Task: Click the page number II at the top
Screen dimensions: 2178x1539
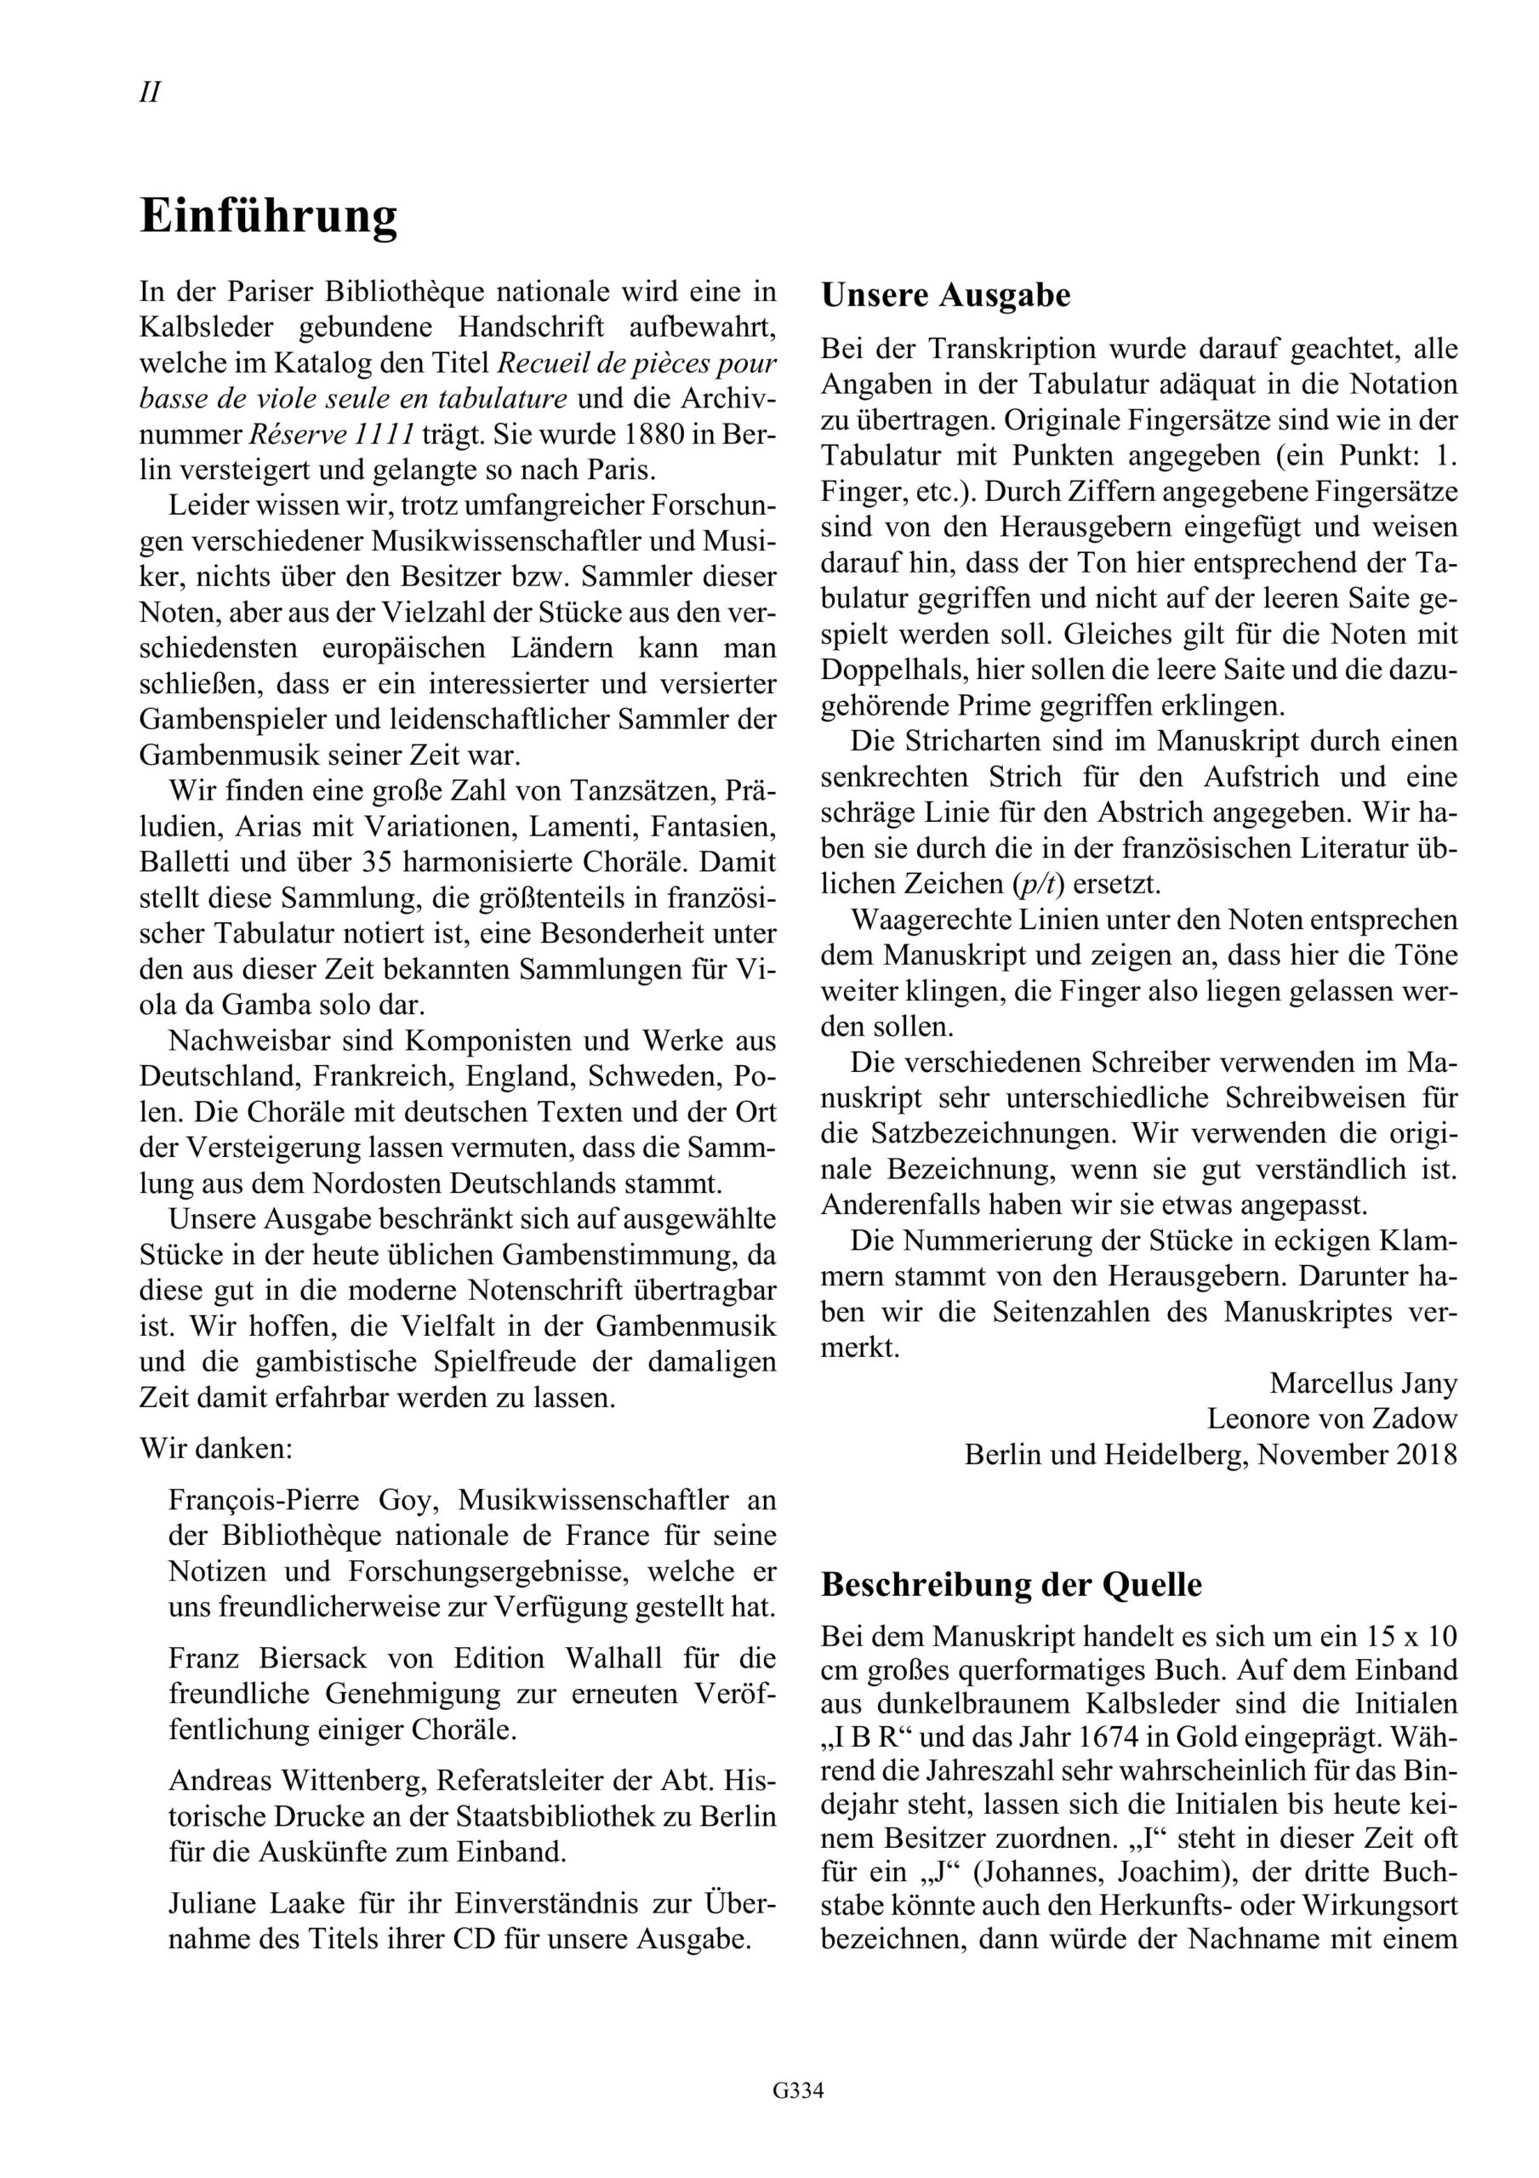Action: (150, 93)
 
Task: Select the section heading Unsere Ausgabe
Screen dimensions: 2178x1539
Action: (945, 296)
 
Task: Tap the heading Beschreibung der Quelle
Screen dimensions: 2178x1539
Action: (1011, 1585)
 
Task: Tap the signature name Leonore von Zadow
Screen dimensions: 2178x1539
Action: (1331, 1419)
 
